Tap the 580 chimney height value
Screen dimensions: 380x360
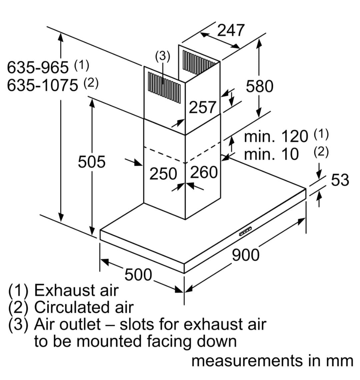coord(259,86)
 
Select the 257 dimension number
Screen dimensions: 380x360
coord(203,107)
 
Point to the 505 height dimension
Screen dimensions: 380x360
coord(91,162)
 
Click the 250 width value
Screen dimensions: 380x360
coord(163,174)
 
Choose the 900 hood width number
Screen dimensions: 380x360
coord(245,255)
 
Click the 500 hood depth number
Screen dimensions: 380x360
coord(138,275)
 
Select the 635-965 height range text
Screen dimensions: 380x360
coord(38,68)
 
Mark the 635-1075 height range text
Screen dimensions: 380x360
coord(42,85)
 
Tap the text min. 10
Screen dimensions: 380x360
coord(271,154)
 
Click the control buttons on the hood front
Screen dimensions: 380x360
coord(245,231)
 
